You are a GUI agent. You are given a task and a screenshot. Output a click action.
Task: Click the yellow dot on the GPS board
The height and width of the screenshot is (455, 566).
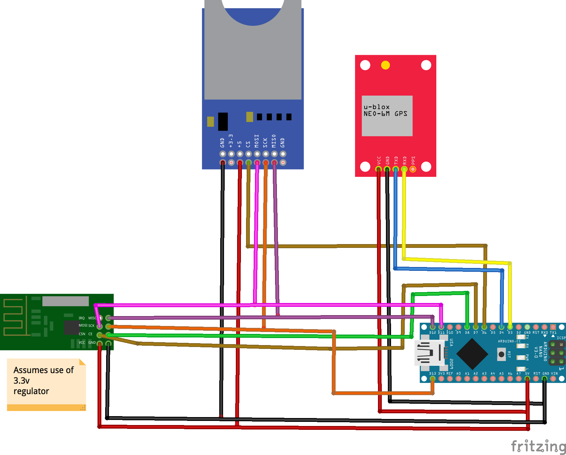pos(385,65)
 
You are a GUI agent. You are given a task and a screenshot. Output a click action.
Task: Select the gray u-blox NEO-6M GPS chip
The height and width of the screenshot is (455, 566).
pos(387,116)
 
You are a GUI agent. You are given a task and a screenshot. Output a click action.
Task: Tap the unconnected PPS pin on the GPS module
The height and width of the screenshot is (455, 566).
pos(413,169)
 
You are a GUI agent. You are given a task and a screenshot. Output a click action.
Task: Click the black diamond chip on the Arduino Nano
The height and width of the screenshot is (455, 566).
pos(472,354)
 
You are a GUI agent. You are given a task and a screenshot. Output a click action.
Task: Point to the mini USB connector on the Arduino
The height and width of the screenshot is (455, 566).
pos(429,352)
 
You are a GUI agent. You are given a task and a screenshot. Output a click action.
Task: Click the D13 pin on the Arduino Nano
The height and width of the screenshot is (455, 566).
pos(432,379)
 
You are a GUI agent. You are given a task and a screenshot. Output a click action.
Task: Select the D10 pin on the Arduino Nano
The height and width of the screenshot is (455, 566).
pos(450,327)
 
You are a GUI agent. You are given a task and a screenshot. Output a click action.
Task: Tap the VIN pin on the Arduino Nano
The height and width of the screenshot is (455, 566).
pos(553,379)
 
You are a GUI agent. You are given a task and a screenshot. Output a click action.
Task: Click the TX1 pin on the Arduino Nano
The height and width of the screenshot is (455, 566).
pos(553,327)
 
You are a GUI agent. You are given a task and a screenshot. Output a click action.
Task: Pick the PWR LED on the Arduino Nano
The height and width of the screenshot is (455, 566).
pos(520,357)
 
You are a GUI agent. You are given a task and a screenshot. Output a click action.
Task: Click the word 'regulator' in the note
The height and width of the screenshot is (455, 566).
pos(31,391)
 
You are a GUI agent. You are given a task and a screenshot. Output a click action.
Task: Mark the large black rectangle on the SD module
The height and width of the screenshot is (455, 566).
pos(223,121)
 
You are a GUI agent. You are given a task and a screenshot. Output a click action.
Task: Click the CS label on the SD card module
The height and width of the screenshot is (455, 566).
pos(248,144)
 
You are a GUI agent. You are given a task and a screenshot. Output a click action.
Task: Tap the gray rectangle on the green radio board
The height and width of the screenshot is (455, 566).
pos(65,301)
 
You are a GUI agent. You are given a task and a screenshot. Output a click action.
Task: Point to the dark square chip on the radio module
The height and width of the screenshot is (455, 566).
pos(71,328)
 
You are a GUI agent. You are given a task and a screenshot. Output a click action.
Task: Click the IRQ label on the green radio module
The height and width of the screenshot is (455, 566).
pos(82,318)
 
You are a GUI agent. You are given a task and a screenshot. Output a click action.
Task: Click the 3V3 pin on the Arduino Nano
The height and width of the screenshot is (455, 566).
pos(441,379)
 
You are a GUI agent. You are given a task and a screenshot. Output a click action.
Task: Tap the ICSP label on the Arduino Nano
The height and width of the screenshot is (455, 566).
pos(561,338)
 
